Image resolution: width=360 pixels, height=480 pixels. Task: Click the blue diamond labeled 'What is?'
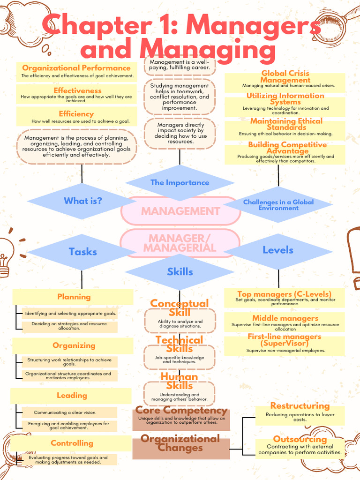pos(82,201)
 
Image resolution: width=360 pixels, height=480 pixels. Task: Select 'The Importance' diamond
pos(180,183)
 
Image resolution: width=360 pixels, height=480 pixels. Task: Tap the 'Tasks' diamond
pos(82,252)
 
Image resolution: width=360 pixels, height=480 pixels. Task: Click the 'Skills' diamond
pos(180,272)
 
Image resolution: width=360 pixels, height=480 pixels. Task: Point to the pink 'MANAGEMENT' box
pos(180,211)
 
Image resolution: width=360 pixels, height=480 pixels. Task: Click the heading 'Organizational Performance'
pos(76,68)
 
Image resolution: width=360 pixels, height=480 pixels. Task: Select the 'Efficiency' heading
pos(76,114)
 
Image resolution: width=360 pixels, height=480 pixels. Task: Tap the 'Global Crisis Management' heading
pos(285,76)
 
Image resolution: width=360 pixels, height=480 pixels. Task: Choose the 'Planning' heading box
pos(73,297)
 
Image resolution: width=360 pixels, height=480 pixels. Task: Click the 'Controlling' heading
pos(72,443)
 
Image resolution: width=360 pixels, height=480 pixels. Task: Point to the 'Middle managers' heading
pos(285,318)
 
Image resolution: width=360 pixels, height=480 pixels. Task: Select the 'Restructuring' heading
pos(300,406)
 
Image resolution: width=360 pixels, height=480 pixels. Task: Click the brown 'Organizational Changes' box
pos(181,449)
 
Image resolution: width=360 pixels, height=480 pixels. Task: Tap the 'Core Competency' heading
pos(181,410)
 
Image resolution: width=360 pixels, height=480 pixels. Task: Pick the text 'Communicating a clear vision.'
pos(65,412)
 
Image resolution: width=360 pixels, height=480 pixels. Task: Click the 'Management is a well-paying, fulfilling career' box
pos(180,65)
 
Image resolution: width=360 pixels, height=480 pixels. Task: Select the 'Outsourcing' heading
pos(300,439)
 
